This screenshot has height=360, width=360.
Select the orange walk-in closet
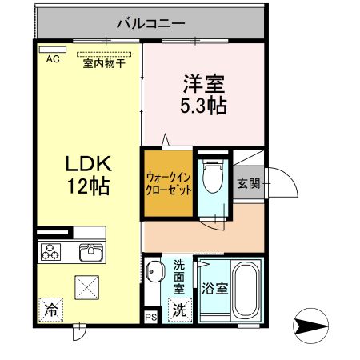point(169,184)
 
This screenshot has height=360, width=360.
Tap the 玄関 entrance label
point(247,183)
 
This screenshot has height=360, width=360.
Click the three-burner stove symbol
point(53,252)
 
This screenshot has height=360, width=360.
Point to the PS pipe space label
point(151,318)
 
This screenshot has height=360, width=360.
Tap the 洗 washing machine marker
point(181,310)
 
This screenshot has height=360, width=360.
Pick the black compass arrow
point(313,326)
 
